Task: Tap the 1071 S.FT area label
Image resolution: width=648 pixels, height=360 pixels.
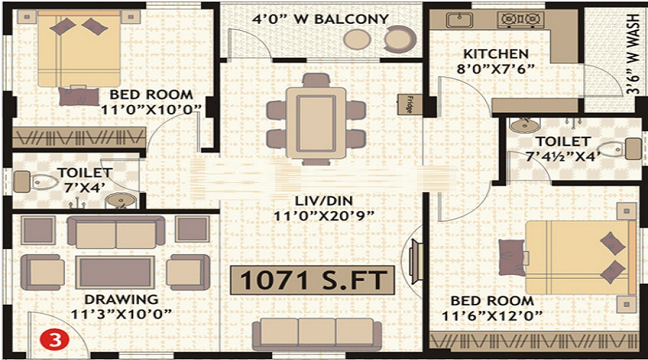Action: click(x=312, y=281)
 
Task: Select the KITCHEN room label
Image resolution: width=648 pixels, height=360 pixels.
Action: click(x=495, y=54)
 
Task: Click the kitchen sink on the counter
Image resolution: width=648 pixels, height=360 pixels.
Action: click(x=458, y=19)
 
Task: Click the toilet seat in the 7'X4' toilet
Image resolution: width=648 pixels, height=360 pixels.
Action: click(x=42, y=181)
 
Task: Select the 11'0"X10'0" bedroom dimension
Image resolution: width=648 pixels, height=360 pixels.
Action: click(x=150, y=109)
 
